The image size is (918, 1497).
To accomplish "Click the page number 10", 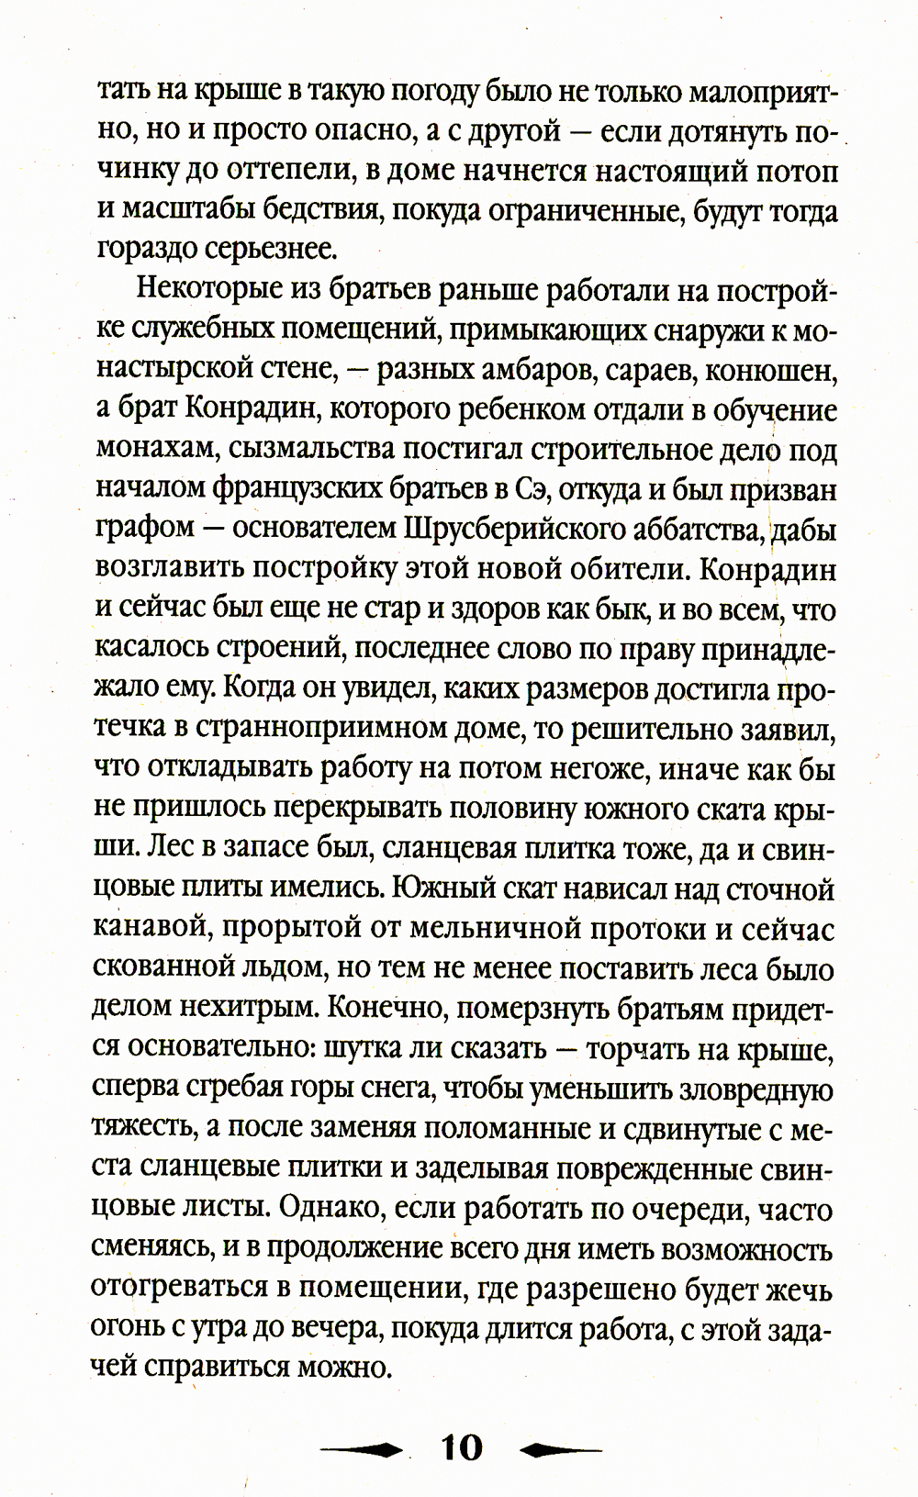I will (462, 1447).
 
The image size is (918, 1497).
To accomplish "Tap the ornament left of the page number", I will (363, 1449).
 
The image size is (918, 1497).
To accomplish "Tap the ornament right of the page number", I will (561, 1449).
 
